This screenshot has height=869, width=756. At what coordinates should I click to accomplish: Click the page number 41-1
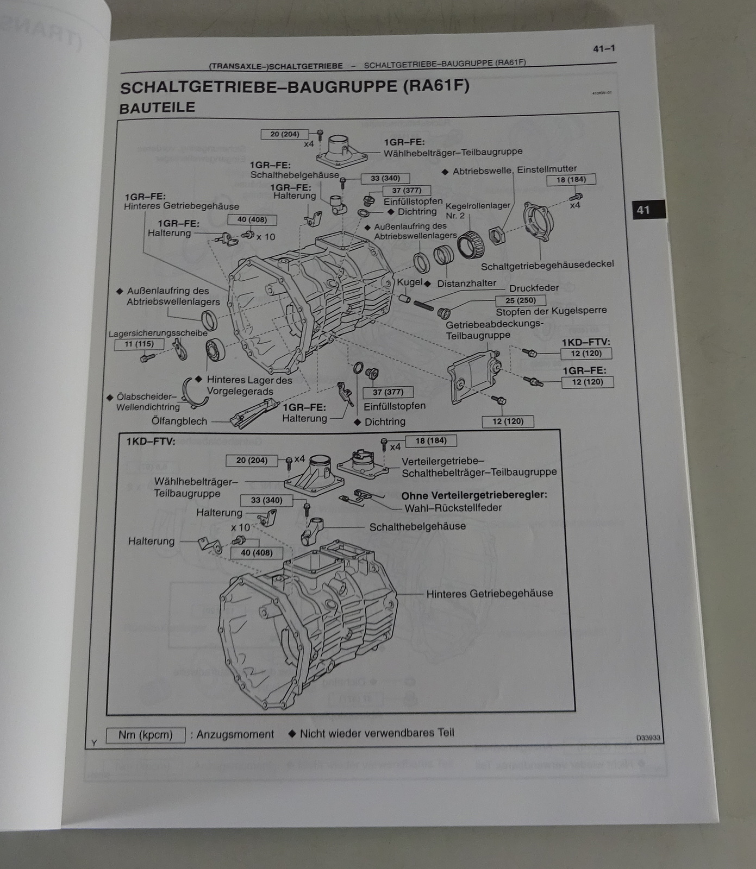(604, 49)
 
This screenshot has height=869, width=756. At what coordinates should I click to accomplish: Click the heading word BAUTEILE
(157, 108)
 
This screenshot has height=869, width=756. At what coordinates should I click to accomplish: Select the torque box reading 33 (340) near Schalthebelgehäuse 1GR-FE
(385, 178)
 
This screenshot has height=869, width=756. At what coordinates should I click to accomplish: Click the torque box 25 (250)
(520, 300)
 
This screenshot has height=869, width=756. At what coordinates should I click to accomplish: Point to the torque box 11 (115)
(139, 344)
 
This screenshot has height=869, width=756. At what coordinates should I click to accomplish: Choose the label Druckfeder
(534, 288)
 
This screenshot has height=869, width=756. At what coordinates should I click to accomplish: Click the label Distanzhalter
(466, 283)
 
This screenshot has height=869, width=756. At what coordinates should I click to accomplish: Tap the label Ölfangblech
(179, 421)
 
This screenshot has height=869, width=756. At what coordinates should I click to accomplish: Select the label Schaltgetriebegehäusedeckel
(547, 265)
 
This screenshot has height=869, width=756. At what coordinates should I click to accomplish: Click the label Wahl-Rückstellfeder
(453, 508)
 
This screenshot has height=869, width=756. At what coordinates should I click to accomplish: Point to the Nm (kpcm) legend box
(145, 735)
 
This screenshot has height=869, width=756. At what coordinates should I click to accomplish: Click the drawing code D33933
(648, 738)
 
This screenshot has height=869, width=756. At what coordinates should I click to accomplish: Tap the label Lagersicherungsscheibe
(158, 333)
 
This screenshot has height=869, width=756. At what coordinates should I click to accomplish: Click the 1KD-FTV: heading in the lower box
(151, 441)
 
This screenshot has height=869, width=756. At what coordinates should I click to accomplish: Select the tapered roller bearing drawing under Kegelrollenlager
(471, 245)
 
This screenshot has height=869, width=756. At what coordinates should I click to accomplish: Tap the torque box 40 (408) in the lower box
(257, 553)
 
